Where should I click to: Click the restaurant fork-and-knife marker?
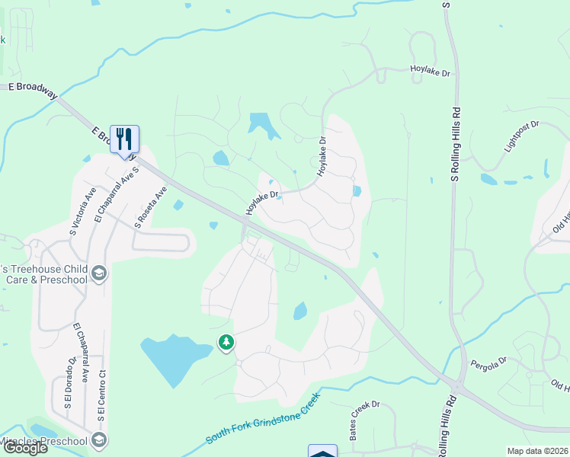pyautogui.click(x=124, y=139)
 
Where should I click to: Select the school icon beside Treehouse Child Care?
pyautogui.click(x=98, y=273)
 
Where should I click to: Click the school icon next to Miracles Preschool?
pyautogui.click(x=98, y=439)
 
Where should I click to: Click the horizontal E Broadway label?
pyautogui.click(x=33, y=88)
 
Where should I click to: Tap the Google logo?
pyautogui.click(x=24, y=448)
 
